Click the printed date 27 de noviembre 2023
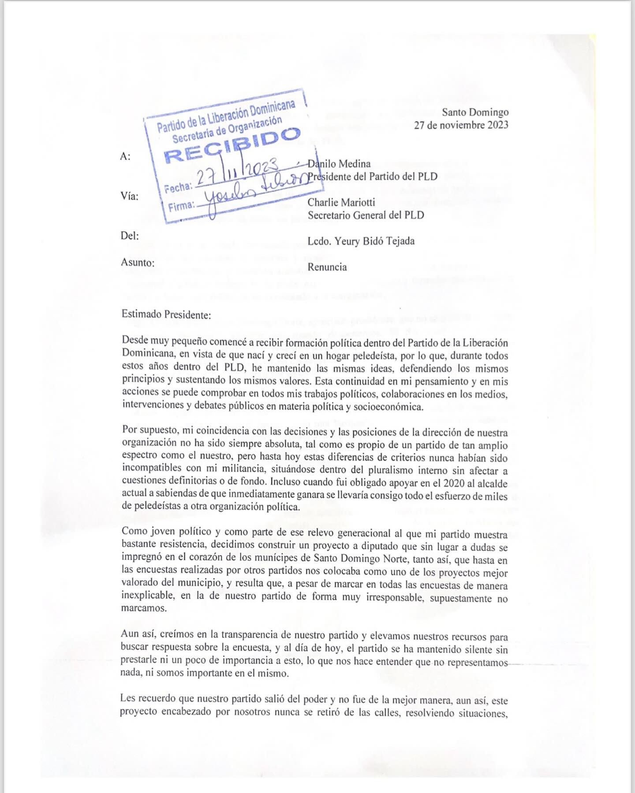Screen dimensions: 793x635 click(x=461, y=125)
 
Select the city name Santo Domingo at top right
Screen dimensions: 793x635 click(x=475, y=112)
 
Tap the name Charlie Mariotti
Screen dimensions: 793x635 click(x=341, y=202)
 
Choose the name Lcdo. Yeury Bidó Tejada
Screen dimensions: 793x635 click(x=361, y=241)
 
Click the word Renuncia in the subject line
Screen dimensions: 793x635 click(x=327, y=267)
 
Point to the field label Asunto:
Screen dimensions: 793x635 click(x=138, y=263)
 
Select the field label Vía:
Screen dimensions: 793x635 click(x=129, y=196)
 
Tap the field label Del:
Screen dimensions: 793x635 click(x=130, y=236)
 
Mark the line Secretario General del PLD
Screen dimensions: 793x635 click(x=366, y=215)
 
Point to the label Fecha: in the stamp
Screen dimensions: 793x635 click(x=178, y=188)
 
